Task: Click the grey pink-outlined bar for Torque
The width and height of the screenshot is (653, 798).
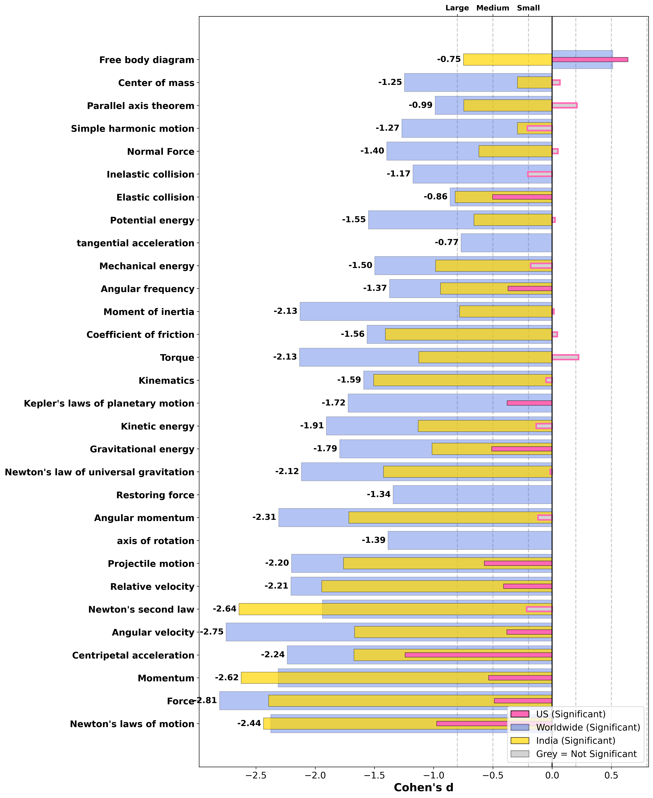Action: coord(565,357)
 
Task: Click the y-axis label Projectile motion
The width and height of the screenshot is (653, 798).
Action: coord(151,564)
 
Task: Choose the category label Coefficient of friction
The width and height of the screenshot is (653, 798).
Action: coord(140,335)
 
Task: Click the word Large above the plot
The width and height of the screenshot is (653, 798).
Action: coord(457,8)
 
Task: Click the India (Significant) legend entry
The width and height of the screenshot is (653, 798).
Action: coord(575,740)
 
